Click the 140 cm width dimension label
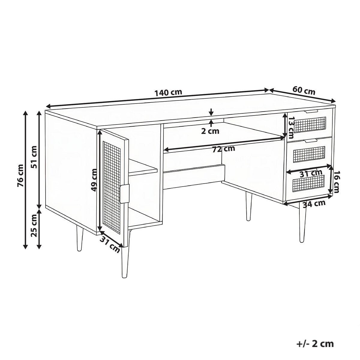tap(168, 92)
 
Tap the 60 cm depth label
tap(304, 91)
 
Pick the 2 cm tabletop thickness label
tap(210, 131)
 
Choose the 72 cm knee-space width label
tap(223, 149)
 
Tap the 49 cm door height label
tap(94, 180)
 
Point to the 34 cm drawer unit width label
tap(314, 204)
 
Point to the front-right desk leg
tap(302, 223)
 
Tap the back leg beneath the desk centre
tap(249, 207)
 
